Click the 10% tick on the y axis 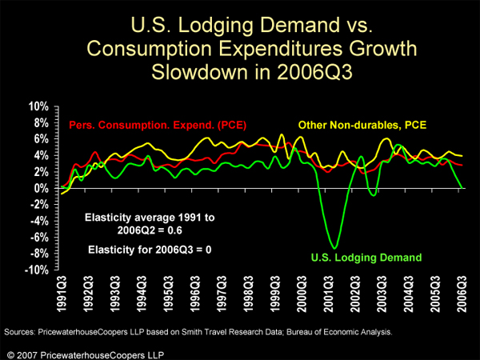[38, 106]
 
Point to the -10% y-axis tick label [37, 270]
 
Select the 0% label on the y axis [42, 188]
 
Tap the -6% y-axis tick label [40, 238]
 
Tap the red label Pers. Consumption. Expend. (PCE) [158, 126]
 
